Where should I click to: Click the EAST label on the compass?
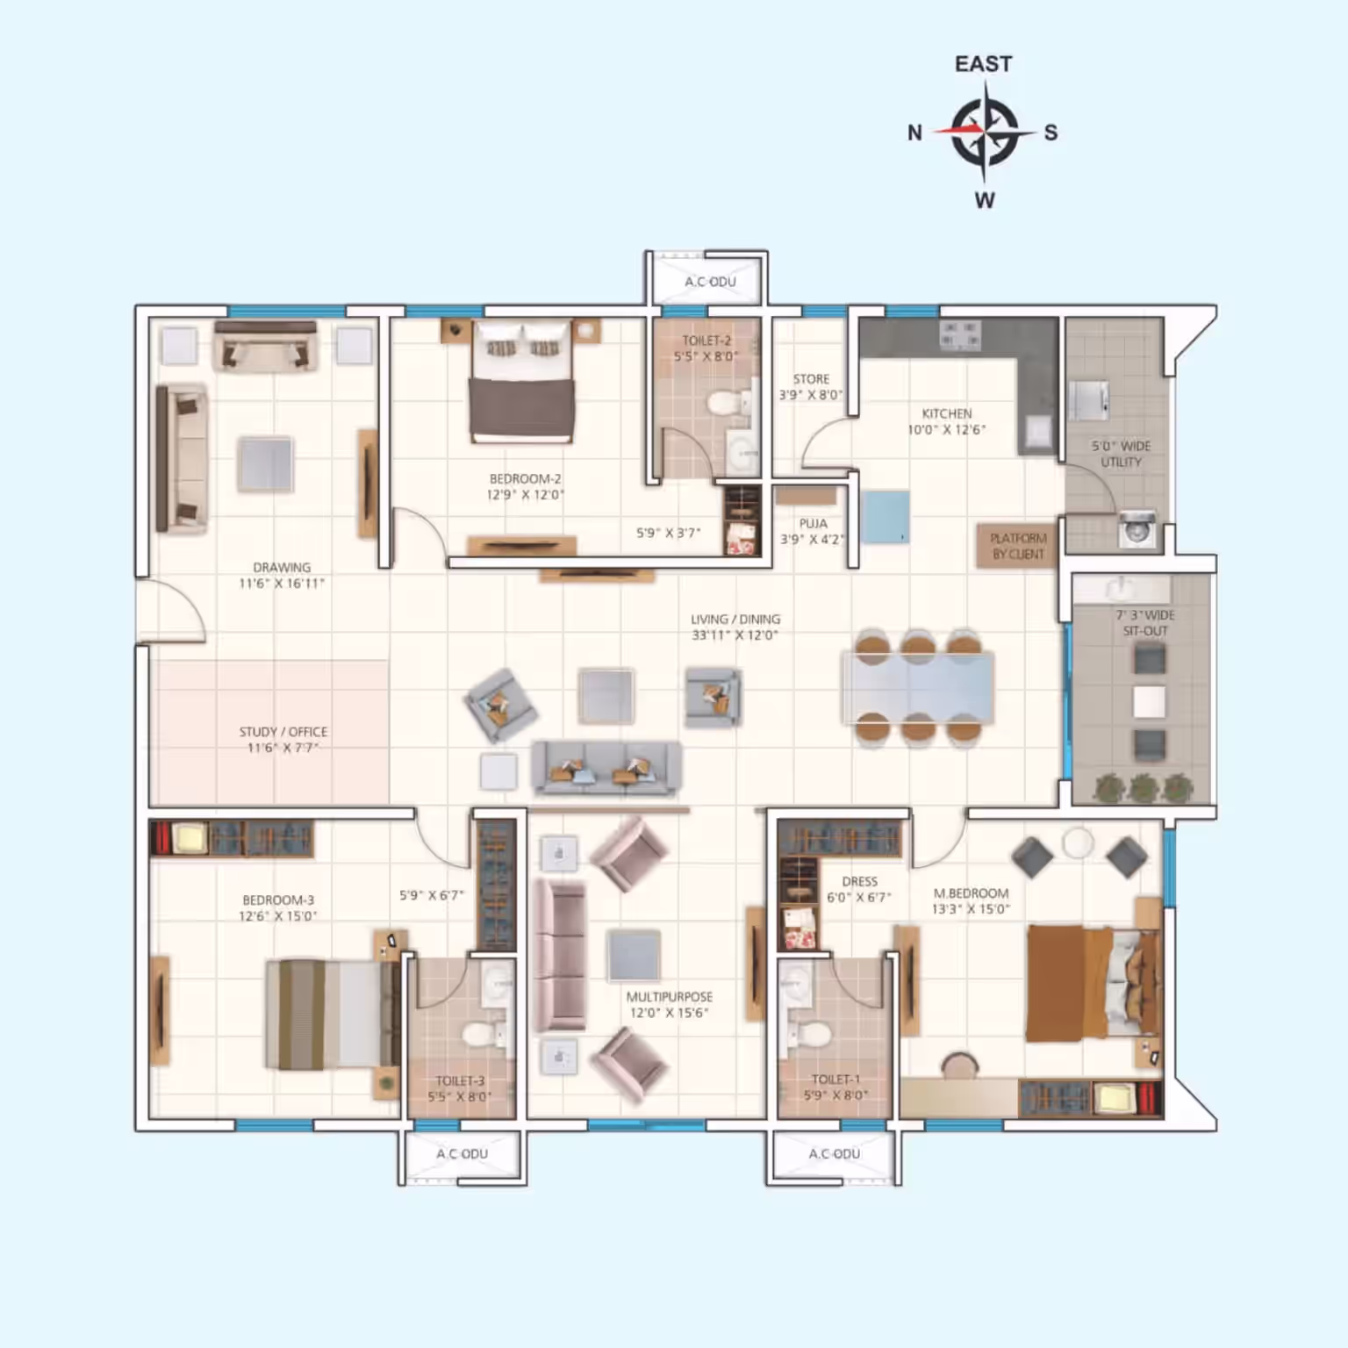click(983, 64)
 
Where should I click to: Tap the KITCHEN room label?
click(946, 413)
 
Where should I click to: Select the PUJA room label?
click(813, 523)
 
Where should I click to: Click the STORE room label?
click(811, 379)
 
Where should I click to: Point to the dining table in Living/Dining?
click(918, 687)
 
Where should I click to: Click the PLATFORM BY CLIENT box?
click(1018, 546)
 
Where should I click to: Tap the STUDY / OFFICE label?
click(283, 732)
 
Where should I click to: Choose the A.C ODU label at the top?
click(710, 282)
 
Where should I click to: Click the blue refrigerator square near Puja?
click(885, 518)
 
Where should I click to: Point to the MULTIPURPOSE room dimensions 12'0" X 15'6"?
click(669, 1013)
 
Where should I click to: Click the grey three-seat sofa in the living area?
click(606, 768)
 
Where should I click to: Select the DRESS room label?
click(859, 881)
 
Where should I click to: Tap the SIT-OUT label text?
click(1145, 631)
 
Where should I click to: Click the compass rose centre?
click(985, 132)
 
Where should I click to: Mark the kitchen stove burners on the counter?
click(959, 334)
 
